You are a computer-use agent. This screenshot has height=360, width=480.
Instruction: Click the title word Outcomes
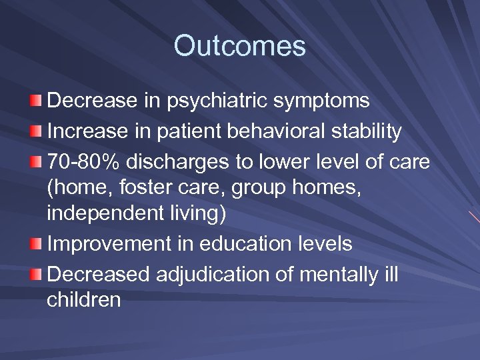pyautogui.click(x=240, y=46)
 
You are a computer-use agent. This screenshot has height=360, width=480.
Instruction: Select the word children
pyautogui.click(x=84, y=300)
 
